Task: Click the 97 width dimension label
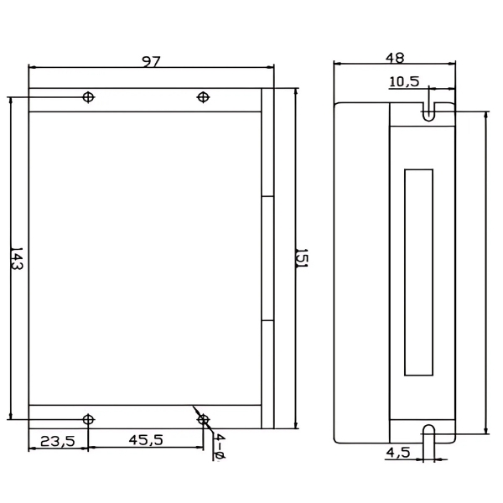tap(151, 61)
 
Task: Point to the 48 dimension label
tap(394, 58)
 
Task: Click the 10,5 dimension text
tap(403, 81)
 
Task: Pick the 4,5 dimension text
tap(397, 453)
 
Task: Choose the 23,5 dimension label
tap(58, 439)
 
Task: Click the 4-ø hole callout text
tap(218, 448)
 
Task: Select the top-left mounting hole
tap(88, 97)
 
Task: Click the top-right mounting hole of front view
tap(202, 97)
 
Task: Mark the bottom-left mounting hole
tap(88, 418)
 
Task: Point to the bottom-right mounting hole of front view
tap(202, 418)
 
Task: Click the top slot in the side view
tap(428, 111)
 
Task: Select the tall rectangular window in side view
tap(419, 272)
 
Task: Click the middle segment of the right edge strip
tap(267, 258)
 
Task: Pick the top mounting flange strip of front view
tap(143, 100)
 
